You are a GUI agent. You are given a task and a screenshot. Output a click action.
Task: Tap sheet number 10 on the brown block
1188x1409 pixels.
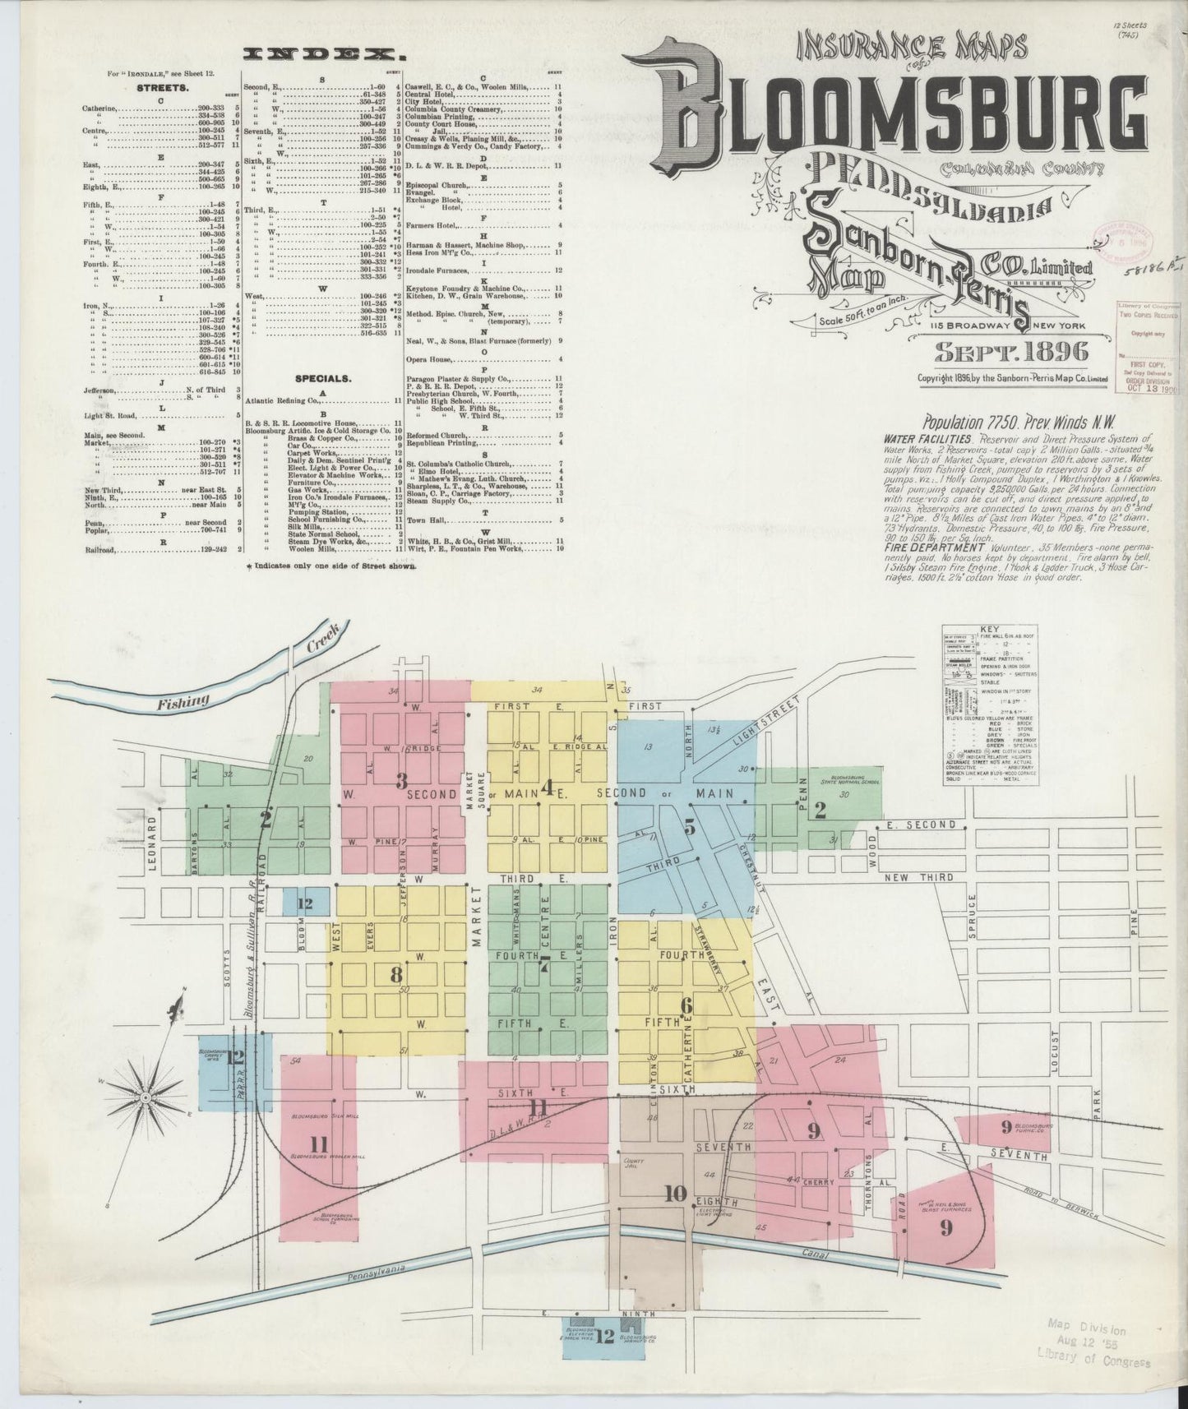coord(675,1194)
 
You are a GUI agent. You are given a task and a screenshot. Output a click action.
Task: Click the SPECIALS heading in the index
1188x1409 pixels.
coord(323,379)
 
